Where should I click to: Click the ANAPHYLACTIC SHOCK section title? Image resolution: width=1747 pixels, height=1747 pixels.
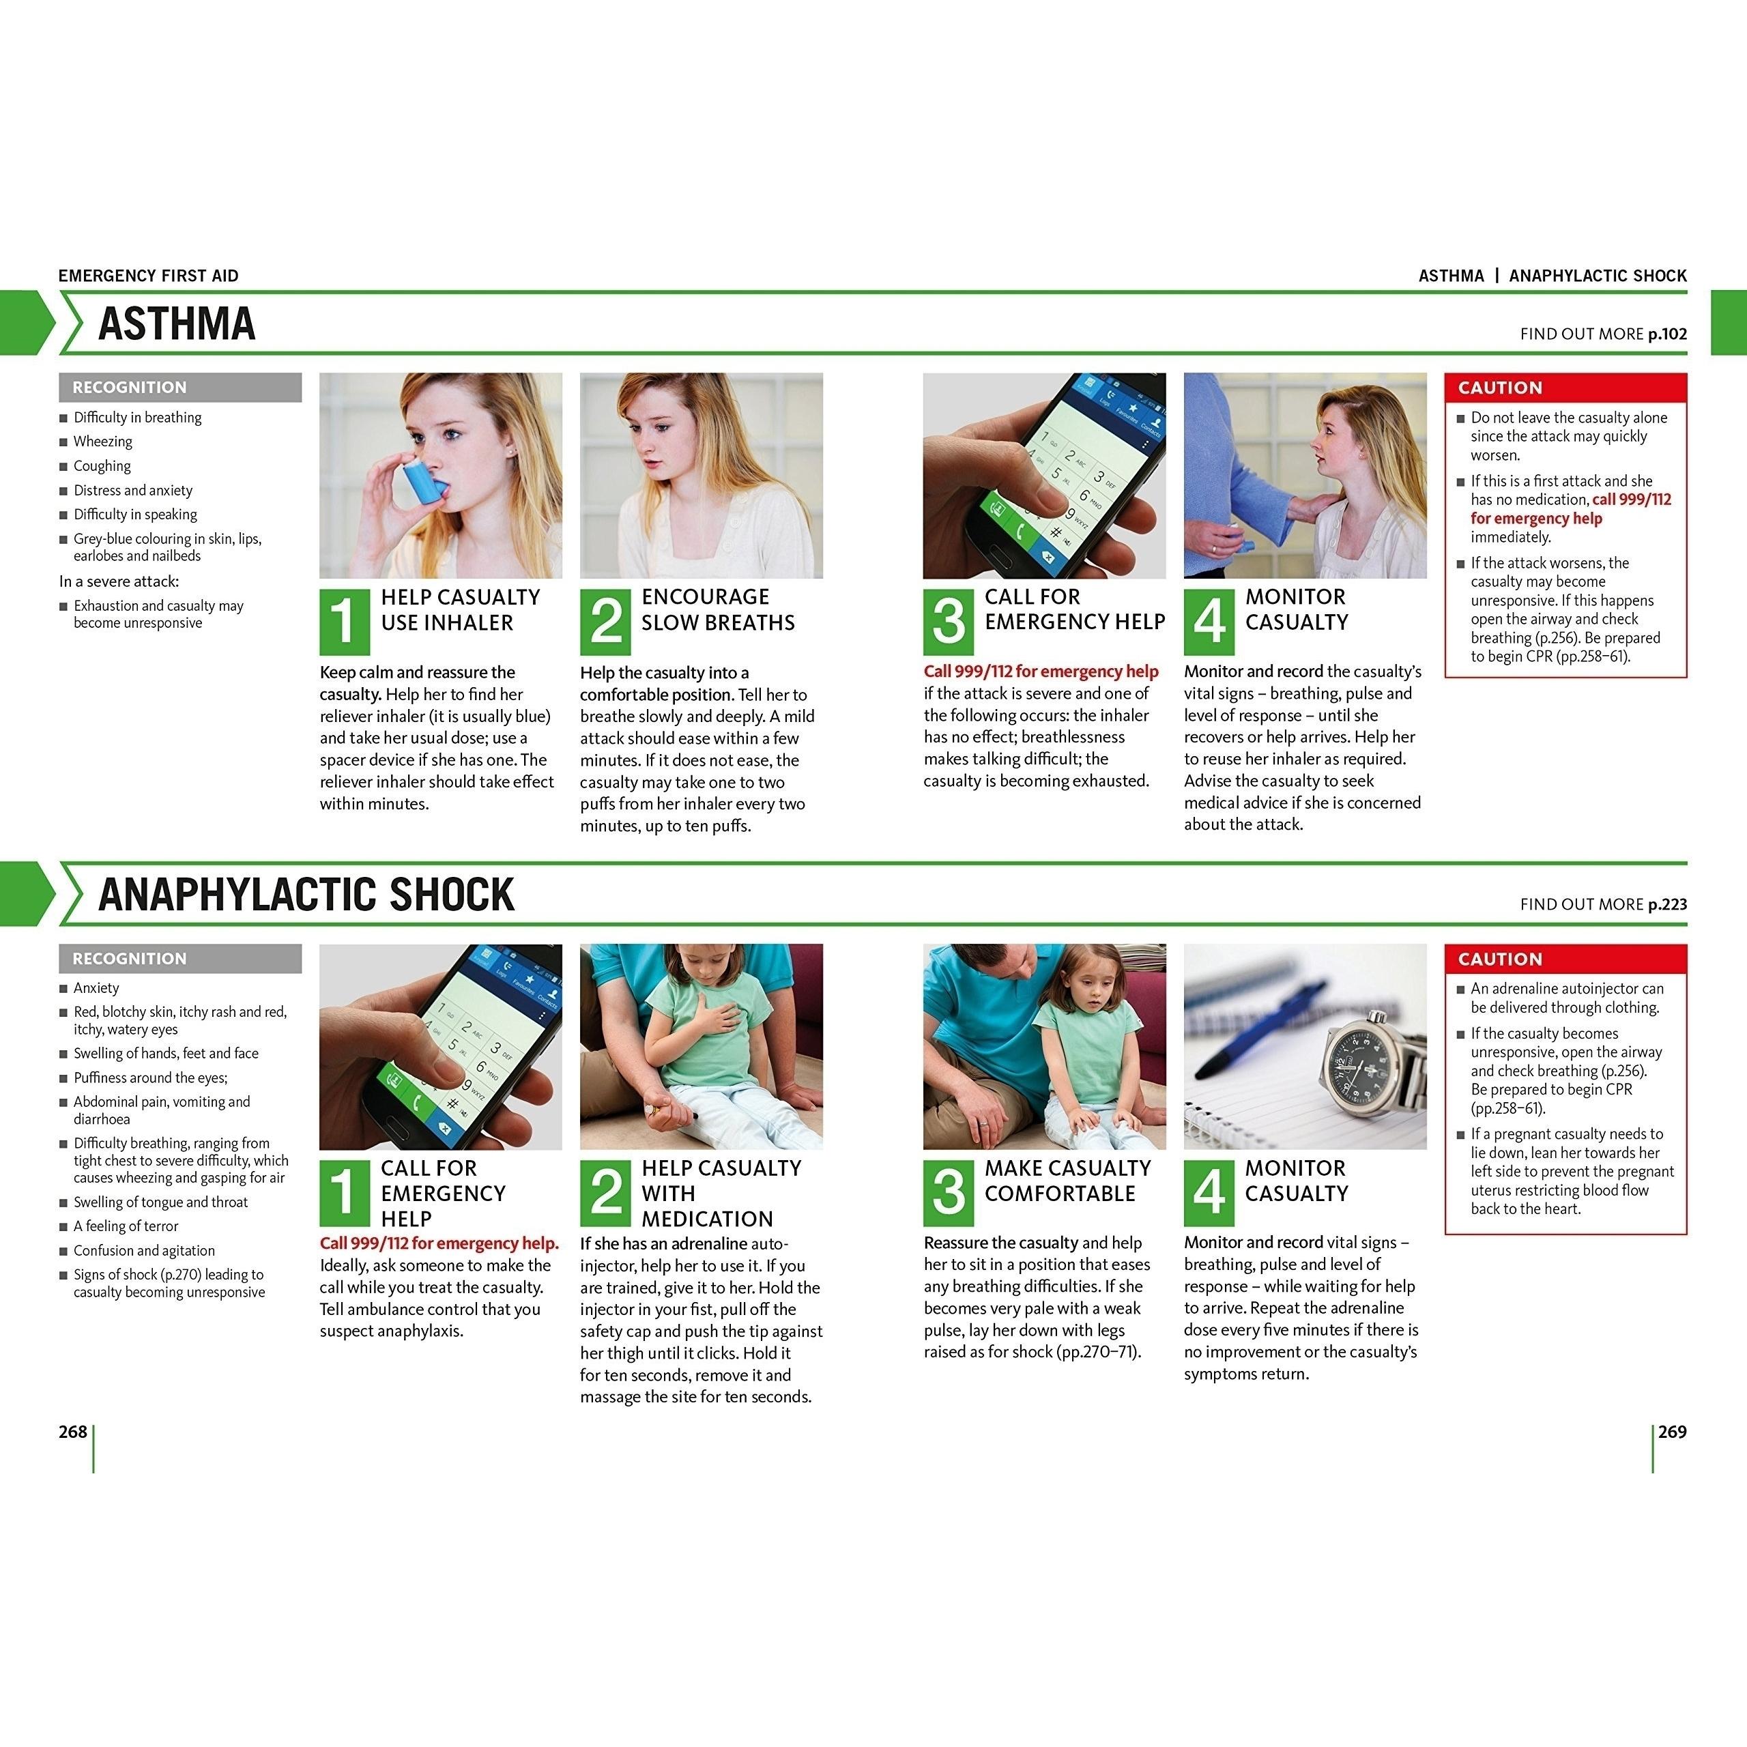tap(306, 894)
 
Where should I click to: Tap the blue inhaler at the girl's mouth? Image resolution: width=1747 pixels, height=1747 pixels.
tap(424, 481)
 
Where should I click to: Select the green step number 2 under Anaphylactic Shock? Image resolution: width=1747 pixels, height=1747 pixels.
tap(605, 1193)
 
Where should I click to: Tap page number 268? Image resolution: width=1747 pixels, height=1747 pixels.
tap(72, 1432)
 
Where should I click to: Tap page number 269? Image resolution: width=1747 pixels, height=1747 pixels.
tap(1672, 1432)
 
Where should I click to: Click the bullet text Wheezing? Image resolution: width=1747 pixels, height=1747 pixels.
tap(103, 442)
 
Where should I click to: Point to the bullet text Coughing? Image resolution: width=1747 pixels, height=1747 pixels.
tap(102, 465)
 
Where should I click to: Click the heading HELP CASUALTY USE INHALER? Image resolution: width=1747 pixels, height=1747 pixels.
tap(460, 609)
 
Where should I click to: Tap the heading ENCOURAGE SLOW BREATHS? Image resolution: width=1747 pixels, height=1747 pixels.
tap(718, 609)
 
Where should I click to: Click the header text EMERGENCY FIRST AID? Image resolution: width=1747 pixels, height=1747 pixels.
tap(148, 276)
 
